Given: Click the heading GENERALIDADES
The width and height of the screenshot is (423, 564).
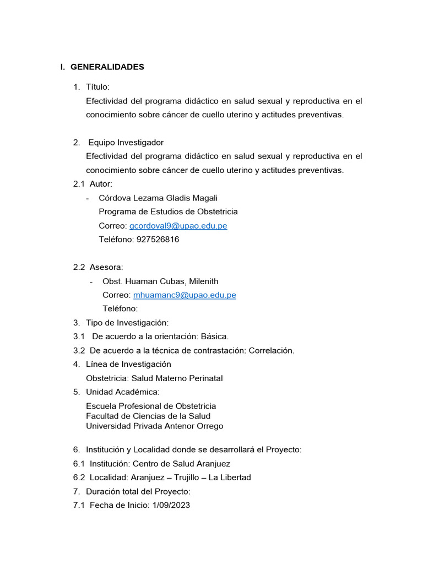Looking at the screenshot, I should click(x=107, y=67).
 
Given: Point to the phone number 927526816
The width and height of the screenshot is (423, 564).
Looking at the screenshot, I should click(x=158, y=240).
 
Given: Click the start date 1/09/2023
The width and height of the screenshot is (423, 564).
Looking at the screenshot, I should click(x=170, y=505).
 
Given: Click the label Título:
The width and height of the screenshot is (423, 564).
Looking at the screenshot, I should click(x=98, y=87).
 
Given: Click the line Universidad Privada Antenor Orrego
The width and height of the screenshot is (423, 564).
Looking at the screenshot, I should click(x=155, y=426).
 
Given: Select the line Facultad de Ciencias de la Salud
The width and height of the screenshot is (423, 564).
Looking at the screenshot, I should click(x=148, y=416).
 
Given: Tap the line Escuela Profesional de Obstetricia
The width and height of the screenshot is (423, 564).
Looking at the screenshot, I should click(x=151, y=406).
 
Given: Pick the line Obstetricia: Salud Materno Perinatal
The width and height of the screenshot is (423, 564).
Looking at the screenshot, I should click(x=154, y=378).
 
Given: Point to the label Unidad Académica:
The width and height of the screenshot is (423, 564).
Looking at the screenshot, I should click(x=123, y=392).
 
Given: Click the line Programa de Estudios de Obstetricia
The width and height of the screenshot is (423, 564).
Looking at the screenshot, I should click(x=168, y=212).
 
